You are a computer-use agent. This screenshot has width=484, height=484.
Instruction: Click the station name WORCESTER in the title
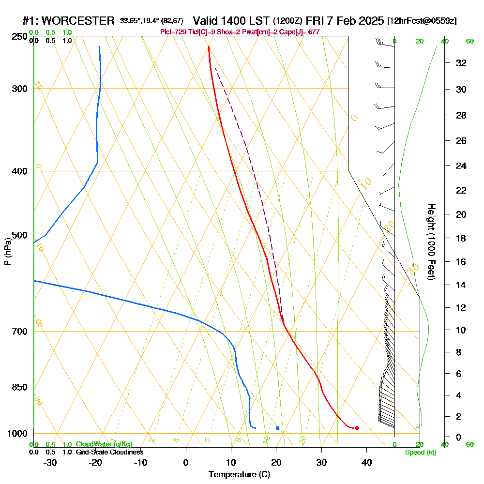pyautogui.click(x=79, y=21)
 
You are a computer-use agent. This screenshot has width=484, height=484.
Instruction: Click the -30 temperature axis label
pyautogui.click(x=50, y=462)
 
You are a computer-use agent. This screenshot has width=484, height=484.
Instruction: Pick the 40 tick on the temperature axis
pyautogui.click(x=366, y=462)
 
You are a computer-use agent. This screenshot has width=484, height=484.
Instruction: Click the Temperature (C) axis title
pyautogui.click(x=239, y=475)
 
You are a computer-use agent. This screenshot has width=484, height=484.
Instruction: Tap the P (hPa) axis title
pyautogui.click(x=7, y=251)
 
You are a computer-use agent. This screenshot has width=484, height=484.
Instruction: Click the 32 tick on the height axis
pyautogui.click(x=462, y=63)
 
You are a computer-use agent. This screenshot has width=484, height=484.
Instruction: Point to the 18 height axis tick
pyautogui.click(x=462, y=238)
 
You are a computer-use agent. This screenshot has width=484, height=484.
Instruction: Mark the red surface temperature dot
pyautogui.click(x=357, y=428)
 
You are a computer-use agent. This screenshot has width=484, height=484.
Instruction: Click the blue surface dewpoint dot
pyautogui.click(x=277, y=428)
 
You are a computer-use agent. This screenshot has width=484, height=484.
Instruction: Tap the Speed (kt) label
pyautogui.click(x=420, y=453)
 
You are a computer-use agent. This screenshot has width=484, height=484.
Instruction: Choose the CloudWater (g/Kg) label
pyautogui.click(x=104, y=444)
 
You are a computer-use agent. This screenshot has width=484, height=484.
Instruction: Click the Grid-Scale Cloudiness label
pyautogui.click(x=109, y=452)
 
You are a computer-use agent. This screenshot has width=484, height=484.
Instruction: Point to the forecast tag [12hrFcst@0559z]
pyautogui.click(x=422, y=21)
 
